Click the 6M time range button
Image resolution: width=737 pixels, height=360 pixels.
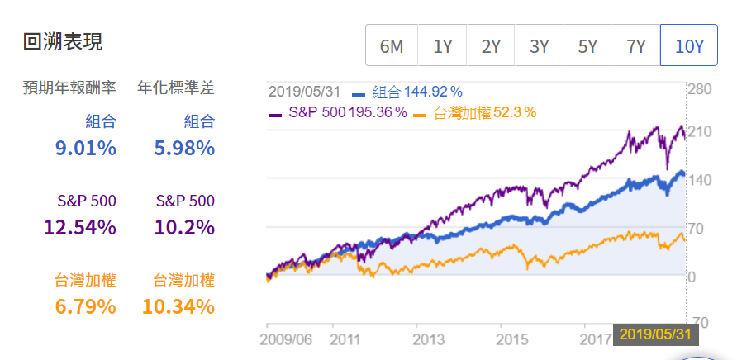coord(392,46)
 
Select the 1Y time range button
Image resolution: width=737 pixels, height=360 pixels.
coord(442,46)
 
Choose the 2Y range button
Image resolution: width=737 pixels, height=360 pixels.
coord(491,46)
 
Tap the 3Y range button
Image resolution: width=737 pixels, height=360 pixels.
coord(539,46)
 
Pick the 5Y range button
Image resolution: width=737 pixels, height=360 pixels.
coord(587,46)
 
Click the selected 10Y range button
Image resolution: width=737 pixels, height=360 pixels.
coord(689,46)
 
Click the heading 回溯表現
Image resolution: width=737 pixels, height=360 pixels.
coord(64,41)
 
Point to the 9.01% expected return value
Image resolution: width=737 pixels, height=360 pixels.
coord(87,149)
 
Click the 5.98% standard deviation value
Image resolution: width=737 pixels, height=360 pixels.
coord(184,149)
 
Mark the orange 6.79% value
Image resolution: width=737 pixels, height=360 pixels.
coord(87,307)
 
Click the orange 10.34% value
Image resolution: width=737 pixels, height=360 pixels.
coord(179,307)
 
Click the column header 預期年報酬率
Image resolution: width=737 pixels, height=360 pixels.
coord(69,88)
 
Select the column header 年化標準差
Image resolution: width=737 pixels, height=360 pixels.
coord(176,88)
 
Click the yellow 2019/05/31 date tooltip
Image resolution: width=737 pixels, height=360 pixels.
coord(656,334)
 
